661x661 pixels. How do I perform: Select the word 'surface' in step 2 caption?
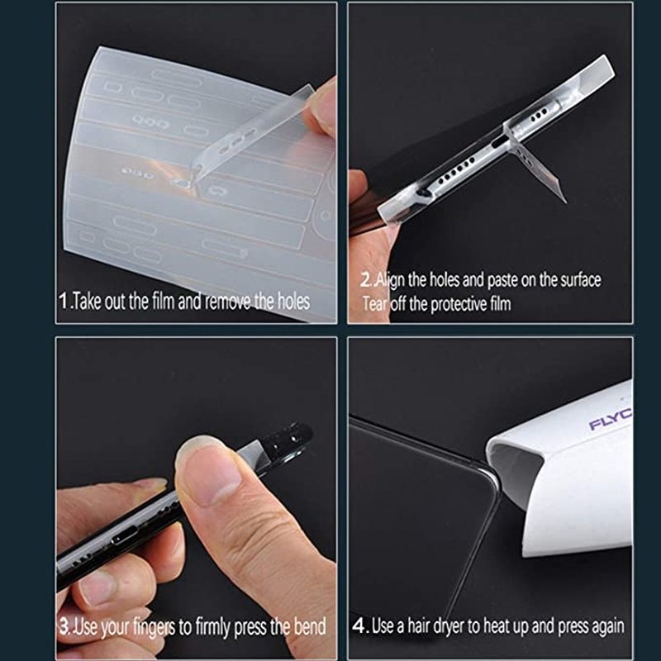tap(577, 279)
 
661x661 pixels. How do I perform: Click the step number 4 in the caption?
tap(359, 625)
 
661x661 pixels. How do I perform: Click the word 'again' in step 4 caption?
tap(605, 625)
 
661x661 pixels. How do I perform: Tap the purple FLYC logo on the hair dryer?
tap(610, 422)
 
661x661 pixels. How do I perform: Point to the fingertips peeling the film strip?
tap(317, 107)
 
